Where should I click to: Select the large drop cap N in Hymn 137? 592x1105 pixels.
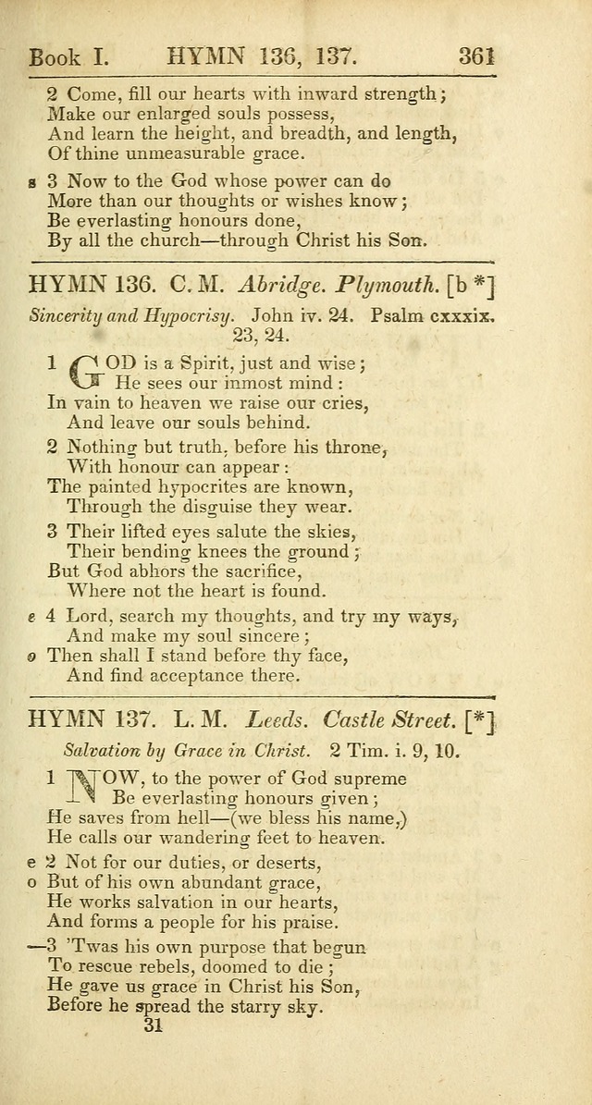tap(85, 786)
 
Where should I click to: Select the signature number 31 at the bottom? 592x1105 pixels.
tap(153, 1025)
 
